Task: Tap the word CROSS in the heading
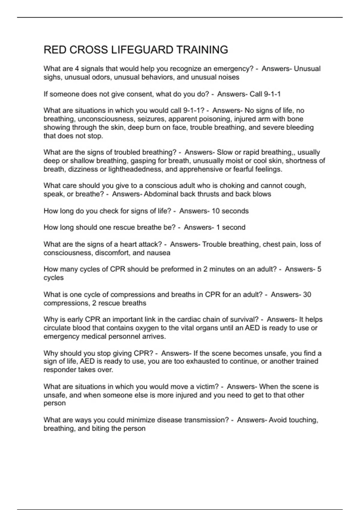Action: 88,50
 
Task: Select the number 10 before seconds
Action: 216,211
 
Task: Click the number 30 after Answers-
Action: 307,294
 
